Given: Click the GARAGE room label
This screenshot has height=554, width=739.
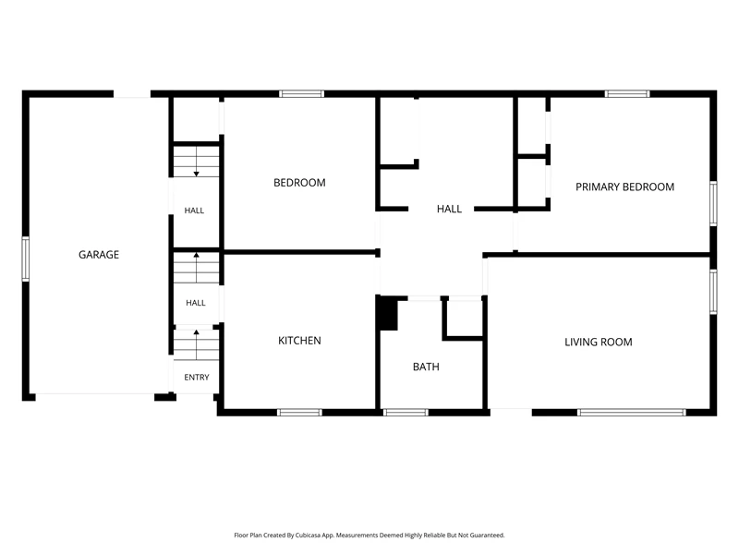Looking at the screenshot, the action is click(99, 255).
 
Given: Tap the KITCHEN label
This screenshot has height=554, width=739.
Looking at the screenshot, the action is click(299, 341).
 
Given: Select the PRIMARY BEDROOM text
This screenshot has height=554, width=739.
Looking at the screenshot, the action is click(624, 187).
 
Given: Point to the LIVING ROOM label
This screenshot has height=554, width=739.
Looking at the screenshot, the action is click(598, 342).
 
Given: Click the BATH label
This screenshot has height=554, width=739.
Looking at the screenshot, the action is click(426, 367).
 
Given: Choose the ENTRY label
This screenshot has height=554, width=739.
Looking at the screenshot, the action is click(197, 378).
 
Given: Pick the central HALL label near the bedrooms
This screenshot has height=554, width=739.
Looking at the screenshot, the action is click(449, 209).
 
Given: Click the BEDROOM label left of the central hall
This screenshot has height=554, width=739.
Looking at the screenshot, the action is click(299, 183).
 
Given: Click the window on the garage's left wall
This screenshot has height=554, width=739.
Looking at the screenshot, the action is click(26, 259).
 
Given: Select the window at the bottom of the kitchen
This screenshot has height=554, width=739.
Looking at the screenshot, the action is click(299, 413).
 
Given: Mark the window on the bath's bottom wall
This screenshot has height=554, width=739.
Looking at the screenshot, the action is click(406, 413).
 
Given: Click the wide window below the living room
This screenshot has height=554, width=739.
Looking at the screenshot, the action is click(632, 413).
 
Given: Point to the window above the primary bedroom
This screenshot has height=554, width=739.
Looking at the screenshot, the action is click(627, 94).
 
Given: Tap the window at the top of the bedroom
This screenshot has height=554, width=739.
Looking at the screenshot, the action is click(302, 94).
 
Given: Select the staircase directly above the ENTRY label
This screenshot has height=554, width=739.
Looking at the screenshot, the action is click(196, 344).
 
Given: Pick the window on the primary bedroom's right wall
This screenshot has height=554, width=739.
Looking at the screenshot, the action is click(713, 203).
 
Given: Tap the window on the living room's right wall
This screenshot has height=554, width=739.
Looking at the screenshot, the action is click(713, 292).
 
